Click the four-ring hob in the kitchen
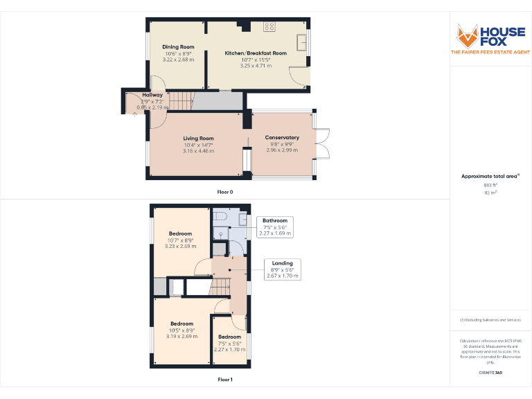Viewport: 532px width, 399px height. [x=269, y=27]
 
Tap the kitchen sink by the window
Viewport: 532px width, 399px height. [x=302, y=44]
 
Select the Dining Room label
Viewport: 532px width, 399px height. [x=178, y=47]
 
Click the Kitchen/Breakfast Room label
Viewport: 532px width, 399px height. [x=256, y=53]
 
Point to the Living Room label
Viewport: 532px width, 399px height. [x=198, y=139]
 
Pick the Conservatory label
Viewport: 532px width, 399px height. [x=282, y=138]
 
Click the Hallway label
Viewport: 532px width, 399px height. [x=152, y=95]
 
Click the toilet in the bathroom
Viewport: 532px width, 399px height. [x=221, y=218]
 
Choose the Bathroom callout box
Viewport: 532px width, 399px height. [x=275, y=227]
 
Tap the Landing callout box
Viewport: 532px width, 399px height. [x=282, y=269]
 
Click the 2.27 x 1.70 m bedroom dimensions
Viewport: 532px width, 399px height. [x=229, y=350]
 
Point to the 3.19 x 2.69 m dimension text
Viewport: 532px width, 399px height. [x=181, y=337]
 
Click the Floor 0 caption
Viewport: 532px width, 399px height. [x=225, y=191]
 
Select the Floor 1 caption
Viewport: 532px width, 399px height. [x=225, y=380]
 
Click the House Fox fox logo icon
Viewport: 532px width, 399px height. [x=468, y=35]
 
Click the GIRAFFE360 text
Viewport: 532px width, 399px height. [x=490, y=373]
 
